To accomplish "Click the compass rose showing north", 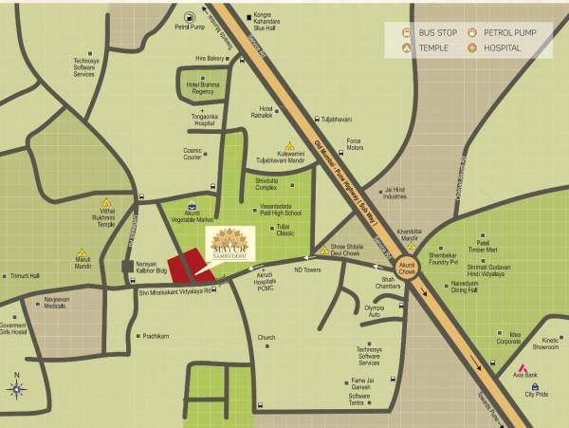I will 16,387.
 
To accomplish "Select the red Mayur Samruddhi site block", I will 189,266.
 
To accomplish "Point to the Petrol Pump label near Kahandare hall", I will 190,28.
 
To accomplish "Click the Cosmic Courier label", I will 193,153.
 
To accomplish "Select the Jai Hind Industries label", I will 395,193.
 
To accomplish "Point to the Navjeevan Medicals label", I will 56,303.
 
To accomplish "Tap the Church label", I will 266,337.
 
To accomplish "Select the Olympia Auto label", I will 375,309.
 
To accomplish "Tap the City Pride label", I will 536,397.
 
